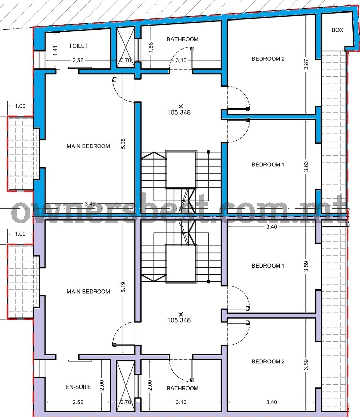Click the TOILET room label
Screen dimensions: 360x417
coord(78,46)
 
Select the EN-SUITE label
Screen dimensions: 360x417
coord(78,387)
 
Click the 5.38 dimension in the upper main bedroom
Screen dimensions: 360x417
coord(123,144)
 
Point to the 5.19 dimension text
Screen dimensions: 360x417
coord(123,287)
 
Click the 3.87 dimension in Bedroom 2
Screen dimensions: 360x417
coord(306,64)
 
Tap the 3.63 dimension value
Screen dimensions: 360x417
coord(306,166)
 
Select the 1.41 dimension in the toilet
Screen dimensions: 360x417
coord(56,50)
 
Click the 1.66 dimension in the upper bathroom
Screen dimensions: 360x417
coord(151,47)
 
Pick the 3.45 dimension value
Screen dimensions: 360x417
coord(90,204)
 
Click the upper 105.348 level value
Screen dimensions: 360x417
coord(179,112)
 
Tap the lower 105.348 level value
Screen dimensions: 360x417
coord(179,320)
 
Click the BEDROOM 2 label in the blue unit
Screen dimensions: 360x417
coord(268,59)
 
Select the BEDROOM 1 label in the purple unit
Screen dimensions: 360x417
coord(268,266)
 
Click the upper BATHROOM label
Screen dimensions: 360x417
coord(182,39)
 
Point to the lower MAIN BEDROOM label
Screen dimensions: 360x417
coord(88,292)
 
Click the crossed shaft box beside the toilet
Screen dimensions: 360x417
coord(126,47)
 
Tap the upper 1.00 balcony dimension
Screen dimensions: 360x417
coord(20,106)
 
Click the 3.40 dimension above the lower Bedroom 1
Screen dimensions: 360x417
coord(271,227)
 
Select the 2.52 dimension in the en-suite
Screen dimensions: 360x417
coord(78,402)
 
